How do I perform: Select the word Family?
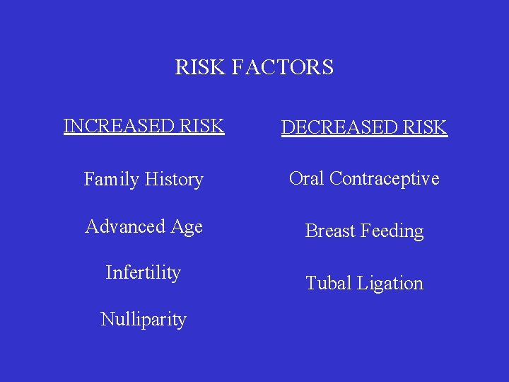click(110, 180)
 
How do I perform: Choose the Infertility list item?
click(144, 272)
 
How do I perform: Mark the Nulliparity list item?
click(144, 320)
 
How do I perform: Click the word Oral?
click(307, 178)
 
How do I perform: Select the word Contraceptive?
click(385, 179)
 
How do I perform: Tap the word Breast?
click(329, 231)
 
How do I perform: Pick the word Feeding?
click(392, 232)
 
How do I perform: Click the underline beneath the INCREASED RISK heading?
click(144, 134)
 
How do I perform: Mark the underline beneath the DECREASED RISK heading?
click(364, 137)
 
